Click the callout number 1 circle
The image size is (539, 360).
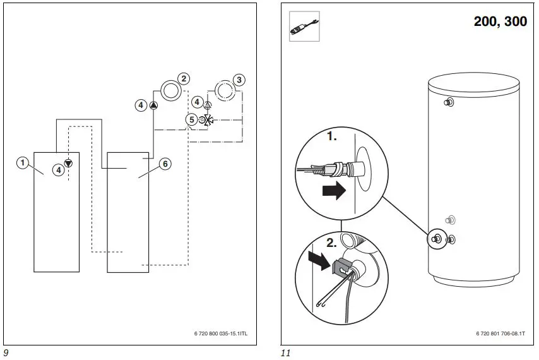click(x=23, y=163)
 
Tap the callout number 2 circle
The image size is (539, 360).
click(x=183, y=79)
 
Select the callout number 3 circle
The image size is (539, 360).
click(x=238, y=80)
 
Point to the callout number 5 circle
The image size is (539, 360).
click(x=191, y=119)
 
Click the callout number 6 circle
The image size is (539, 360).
click(x=164, y=164)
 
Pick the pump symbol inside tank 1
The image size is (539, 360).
click(x=68, y=164)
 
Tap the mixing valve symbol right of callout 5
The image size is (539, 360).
click(x=208, y=119)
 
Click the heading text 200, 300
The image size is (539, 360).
click(x=500, y=21)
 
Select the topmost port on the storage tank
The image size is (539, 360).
click(x=449, y=102)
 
